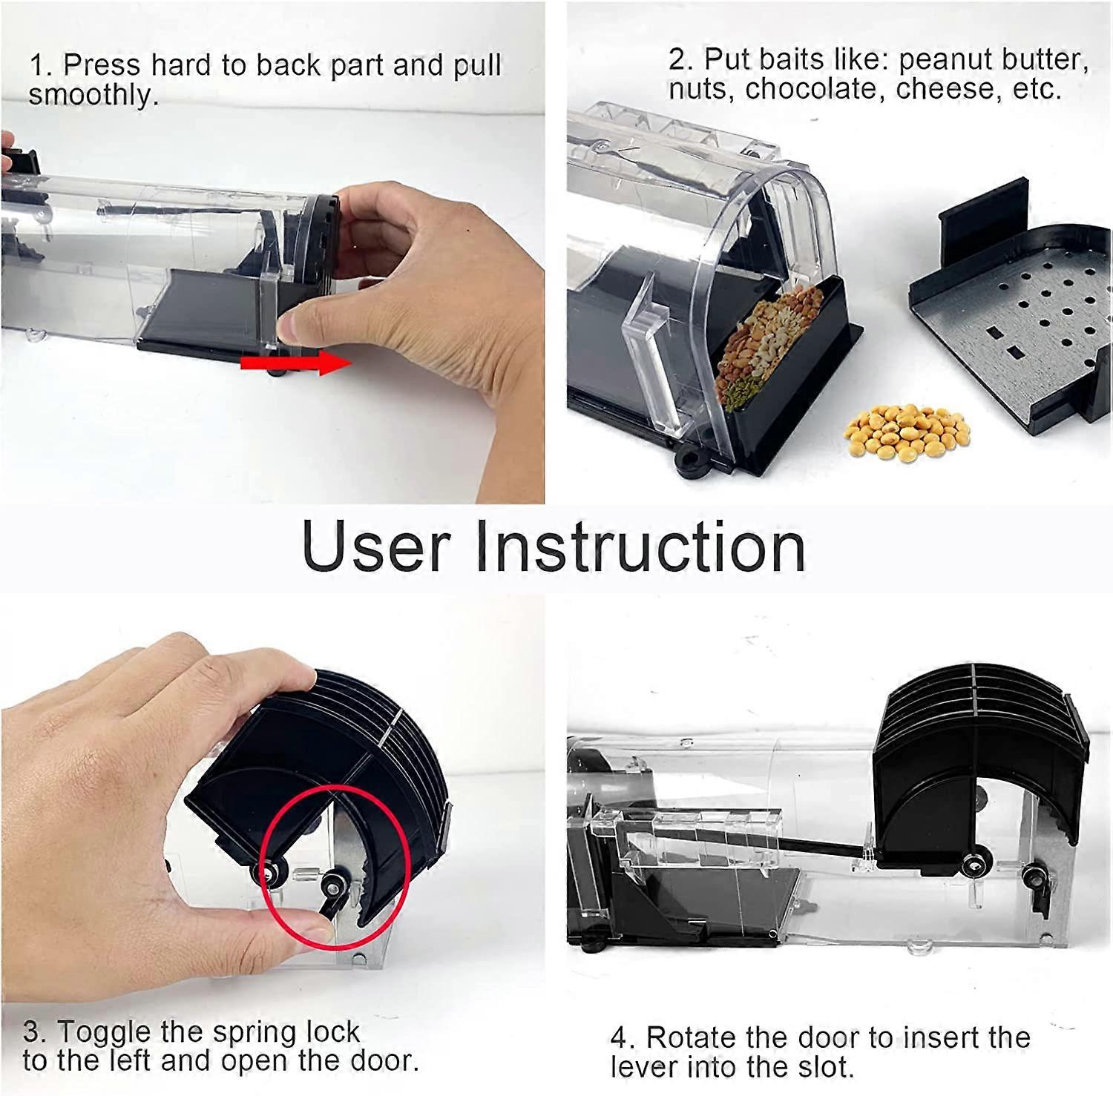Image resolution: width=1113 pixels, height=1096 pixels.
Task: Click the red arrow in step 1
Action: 295,363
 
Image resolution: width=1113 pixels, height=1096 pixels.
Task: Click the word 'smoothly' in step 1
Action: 93,95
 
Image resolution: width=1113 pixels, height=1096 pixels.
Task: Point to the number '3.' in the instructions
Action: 36,1031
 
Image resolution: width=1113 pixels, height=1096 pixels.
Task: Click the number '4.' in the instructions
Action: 623,1038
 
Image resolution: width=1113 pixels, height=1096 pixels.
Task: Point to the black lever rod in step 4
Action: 816,845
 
